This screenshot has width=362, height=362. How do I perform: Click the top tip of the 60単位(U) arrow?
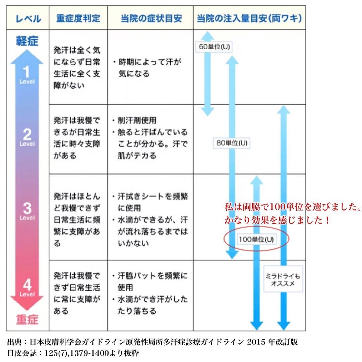207,32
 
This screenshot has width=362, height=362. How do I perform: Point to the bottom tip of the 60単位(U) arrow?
207,116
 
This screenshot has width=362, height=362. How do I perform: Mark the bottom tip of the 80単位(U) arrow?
232,259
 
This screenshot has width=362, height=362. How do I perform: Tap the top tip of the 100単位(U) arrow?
256,176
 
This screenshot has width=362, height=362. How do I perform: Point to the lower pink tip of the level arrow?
27,310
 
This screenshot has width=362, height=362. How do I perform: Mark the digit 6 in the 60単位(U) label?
201,47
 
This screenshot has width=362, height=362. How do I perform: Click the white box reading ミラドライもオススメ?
283,279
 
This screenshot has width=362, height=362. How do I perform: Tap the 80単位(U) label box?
232,143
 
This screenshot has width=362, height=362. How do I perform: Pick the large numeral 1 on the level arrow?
27,72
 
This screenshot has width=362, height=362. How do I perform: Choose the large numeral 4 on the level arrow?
27,285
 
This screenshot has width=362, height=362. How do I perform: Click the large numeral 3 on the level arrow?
27,208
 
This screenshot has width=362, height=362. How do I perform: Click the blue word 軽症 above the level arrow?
27,41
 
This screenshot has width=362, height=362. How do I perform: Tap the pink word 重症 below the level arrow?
27,319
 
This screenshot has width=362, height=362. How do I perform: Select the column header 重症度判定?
78,18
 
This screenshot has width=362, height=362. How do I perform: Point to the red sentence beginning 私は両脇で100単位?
293,206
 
